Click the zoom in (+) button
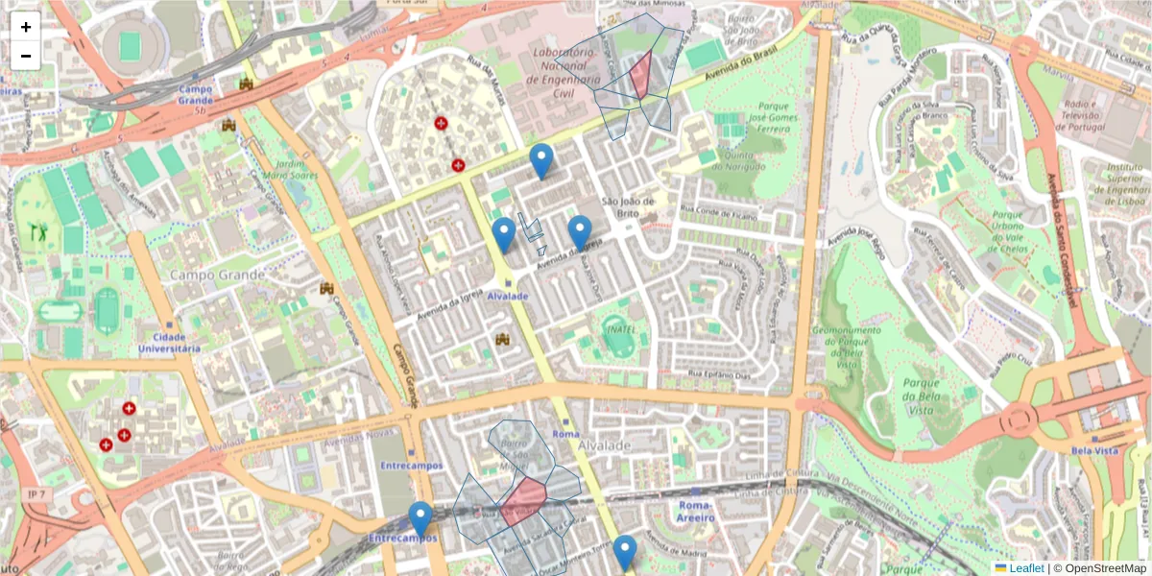[x=26, y=27]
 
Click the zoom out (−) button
[x=26, y=56]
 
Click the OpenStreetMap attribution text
[x=1106, y=568]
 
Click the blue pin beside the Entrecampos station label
[x=420, y=518]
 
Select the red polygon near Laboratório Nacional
[x=640, y=75]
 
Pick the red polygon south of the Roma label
[x=524, y=500]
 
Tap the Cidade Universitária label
[x=168, y=343]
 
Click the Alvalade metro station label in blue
[x=508, y=297]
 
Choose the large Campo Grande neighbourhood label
[x=217, y=276]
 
